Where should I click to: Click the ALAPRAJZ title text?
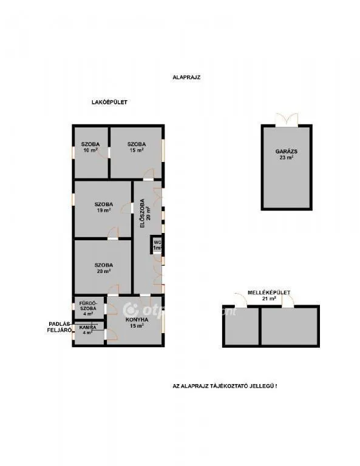(x=186, y=78)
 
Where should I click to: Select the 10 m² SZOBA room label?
(x=90, y=147)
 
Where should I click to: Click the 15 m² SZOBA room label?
(x=136, y=147)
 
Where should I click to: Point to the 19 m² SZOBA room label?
(x=103, y=208)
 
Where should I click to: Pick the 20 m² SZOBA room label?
(x=103, y=268)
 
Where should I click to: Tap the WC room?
(x=157, y=245)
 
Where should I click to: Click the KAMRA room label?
(x=88, y=330)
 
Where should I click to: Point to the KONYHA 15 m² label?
(x=135, y=322)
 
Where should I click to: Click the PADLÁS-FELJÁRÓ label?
(x=61, y=327)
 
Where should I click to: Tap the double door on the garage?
(x=287, y=120)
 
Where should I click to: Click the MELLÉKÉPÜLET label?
(x=267, y=293)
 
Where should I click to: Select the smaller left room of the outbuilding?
(x=241, y=326)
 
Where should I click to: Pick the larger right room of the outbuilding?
(x=289, y=326)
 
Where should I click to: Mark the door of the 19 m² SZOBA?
(x=113, y=234)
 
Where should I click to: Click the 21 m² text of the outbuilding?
(x=269, y=299)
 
